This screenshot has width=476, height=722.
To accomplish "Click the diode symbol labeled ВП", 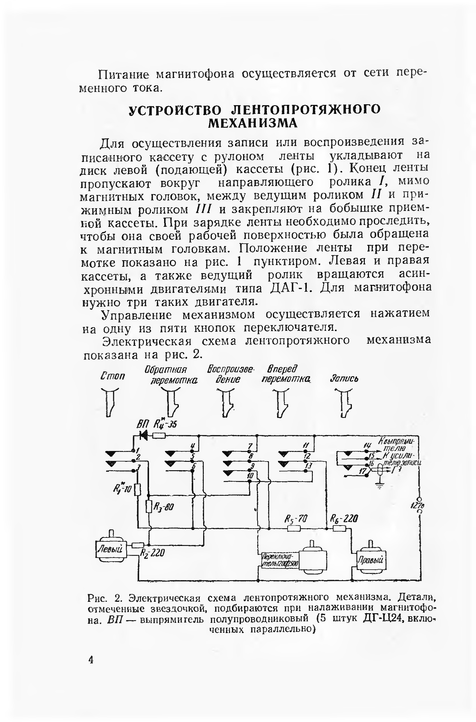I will [144, 435].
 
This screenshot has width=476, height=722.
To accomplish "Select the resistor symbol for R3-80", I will [148, 506].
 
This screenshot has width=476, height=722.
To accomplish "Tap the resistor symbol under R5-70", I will [294, 529].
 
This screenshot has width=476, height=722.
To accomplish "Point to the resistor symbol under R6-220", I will [339, 529].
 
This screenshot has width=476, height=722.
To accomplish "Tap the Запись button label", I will [344, 379].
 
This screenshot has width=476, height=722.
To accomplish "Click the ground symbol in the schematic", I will [379, 486].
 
